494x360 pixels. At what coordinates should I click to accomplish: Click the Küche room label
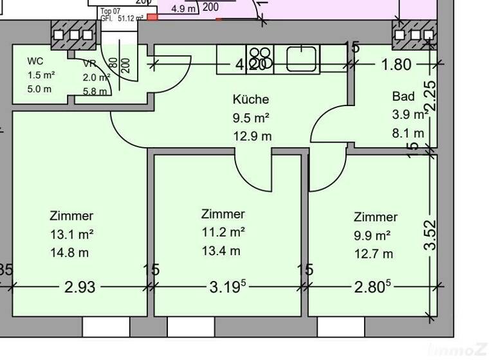[x=250, y=100]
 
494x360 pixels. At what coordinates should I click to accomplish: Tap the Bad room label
[x=403, y=96]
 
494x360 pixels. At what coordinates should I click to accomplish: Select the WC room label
[x=35, y=62]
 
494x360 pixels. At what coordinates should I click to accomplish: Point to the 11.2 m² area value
[x=223, y=232]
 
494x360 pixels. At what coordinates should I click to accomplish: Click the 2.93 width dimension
[x=80, y=287]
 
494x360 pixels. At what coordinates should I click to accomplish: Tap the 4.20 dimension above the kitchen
[x=250, y=64]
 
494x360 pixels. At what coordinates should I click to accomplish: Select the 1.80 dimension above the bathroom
[x=396, y=64]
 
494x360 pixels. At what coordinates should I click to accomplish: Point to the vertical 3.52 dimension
[x=431, y=235]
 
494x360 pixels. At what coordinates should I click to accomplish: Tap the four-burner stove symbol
[x=259, y=59]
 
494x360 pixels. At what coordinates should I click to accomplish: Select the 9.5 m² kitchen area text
[x=250, y=118]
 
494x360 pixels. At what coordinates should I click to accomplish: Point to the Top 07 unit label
[x=110, y=11]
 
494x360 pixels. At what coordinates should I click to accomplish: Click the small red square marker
[x=152, y=17]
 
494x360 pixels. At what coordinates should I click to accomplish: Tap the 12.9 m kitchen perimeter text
[x=252, y=136]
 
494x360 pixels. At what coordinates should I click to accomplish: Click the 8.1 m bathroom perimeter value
[x=408, y=133]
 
